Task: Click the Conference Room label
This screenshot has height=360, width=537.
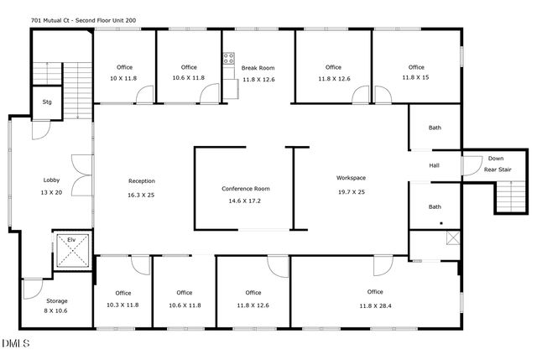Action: (x=245, y=188)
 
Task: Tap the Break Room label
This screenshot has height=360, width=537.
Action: (x=258, y=68)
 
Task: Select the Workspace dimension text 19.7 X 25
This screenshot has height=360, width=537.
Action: (x=351, y=190)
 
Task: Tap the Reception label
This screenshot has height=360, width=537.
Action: (x=141, y=181)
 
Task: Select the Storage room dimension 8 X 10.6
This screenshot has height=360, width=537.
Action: (x=57, y=310)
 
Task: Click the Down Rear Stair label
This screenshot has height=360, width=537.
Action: (x=496, y=164)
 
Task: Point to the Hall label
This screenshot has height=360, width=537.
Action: (x=435, y=165)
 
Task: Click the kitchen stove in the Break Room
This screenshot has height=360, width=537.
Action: (x=227, y=60)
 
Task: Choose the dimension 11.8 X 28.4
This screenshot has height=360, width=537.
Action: (x=375, y=305)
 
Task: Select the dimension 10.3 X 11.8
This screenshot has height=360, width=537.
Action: (x=123, y=305)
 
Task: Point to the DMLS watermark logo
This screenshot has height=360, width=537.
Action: (x=16, y=343)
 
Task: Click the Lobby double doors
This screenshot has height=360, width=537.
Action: (x=81, y=177)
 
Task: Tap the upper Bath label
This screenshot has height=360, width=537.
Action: (x=435, y=128)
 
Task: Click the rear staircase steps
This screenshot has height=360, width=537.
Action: (x=508, y=197)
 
